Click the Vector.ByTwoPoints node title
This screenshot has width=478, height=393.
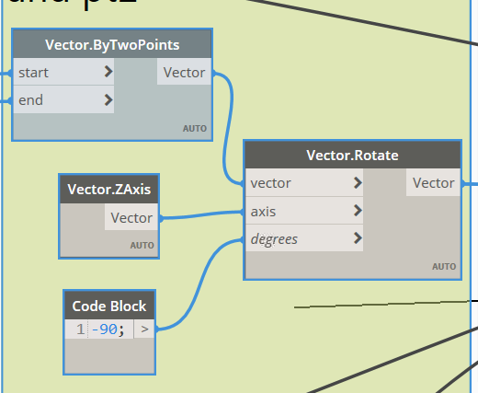111,45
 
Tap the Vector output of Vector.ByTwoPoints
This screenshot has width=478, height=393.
184,73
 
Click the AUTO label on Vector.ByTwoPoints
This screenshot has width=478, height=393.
194,128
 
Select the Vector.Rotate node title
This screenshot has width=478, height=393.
352,156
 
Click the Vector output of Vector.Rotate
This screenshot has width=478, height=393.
433,183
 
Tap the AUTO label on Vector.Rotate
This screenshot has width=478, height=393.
444,267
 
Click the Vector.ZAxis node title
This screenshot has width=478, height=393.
108,191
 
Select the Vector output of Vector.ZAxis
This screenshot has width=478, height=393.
131,218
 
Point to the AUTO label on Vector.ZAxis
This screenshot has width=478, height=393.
142,246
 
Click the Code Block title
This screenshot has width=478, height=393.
108,306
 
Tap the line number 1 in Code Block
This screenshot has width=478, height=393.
80,329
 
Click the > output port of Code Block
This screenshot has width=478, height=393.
144,329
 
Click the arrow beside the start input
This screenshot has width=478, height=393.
108,72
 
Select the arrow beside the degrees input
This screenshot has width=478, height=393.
357,239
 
